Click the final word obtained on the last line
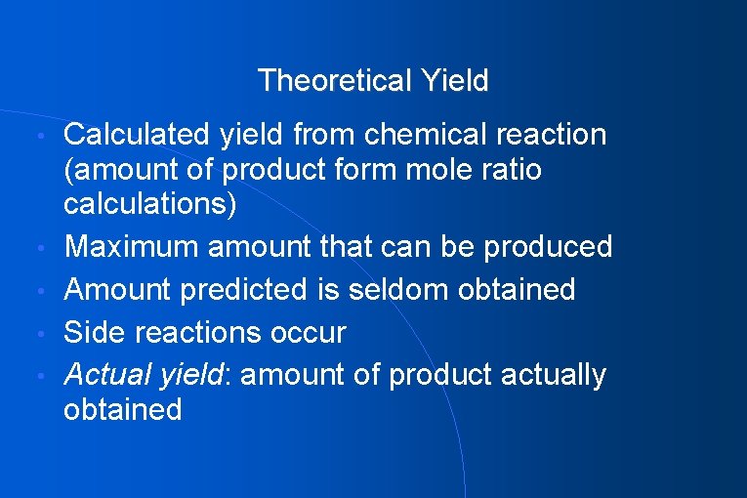click(123, 409)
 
